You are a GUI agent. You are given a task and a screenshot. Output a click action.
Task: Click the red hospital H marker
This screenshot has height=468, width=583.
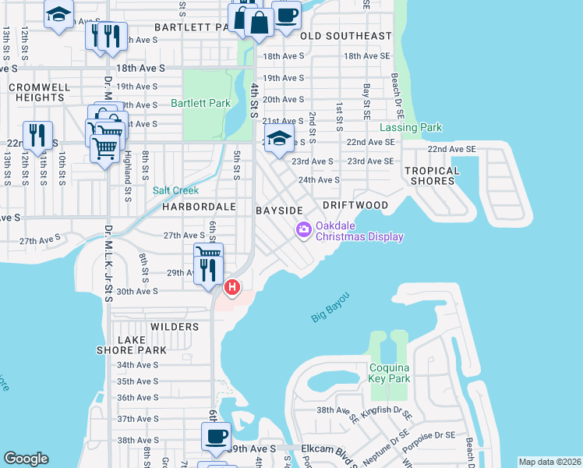coord(231,288)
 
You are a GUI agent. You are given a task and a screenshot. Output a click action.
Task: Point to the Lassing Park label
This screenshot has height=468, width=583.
coord(410,127)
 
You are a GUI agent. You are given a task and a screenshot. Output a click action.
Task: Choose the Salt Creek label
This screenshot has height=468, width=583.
coord(175,190)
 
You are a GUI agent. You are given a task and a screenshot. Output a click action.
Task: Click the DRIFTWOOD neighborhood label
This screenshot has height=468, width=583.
coord(355,205)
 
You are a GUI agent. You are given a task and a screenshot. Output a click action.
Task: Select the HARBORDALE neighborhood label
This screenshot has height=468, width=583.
coord(199,207)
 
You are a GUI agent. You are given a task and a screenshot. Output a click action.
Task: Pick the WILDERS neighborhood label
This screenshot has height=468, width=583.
coord(175,327)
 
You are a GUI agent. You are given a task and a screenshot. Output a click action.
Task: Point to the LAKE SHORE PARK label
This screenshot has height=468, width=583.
coord(142,345)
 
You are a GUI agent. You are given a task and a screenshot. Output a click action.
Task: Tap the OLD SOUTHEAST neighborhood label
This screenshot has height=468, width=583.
coord(346,36)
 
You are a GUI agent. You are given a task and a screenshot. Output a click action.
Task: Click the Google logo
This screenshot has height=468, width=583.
coord(26,459)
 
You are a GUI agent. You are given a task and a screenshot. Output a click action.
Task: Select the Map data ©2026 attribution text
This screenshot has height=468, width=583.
coord(549,462)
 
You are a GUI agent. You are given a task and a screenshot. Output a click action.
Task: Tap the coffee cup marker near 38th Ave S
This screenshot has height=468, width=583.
coord(217,435)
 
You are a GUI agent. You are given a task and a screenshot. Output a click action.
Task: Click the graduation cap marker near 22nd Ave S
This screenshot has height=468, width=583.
coord(279,139)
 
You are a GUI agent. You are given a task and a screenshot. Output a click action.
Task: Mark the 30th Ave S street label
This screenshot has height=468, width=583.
coord(137,290)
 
